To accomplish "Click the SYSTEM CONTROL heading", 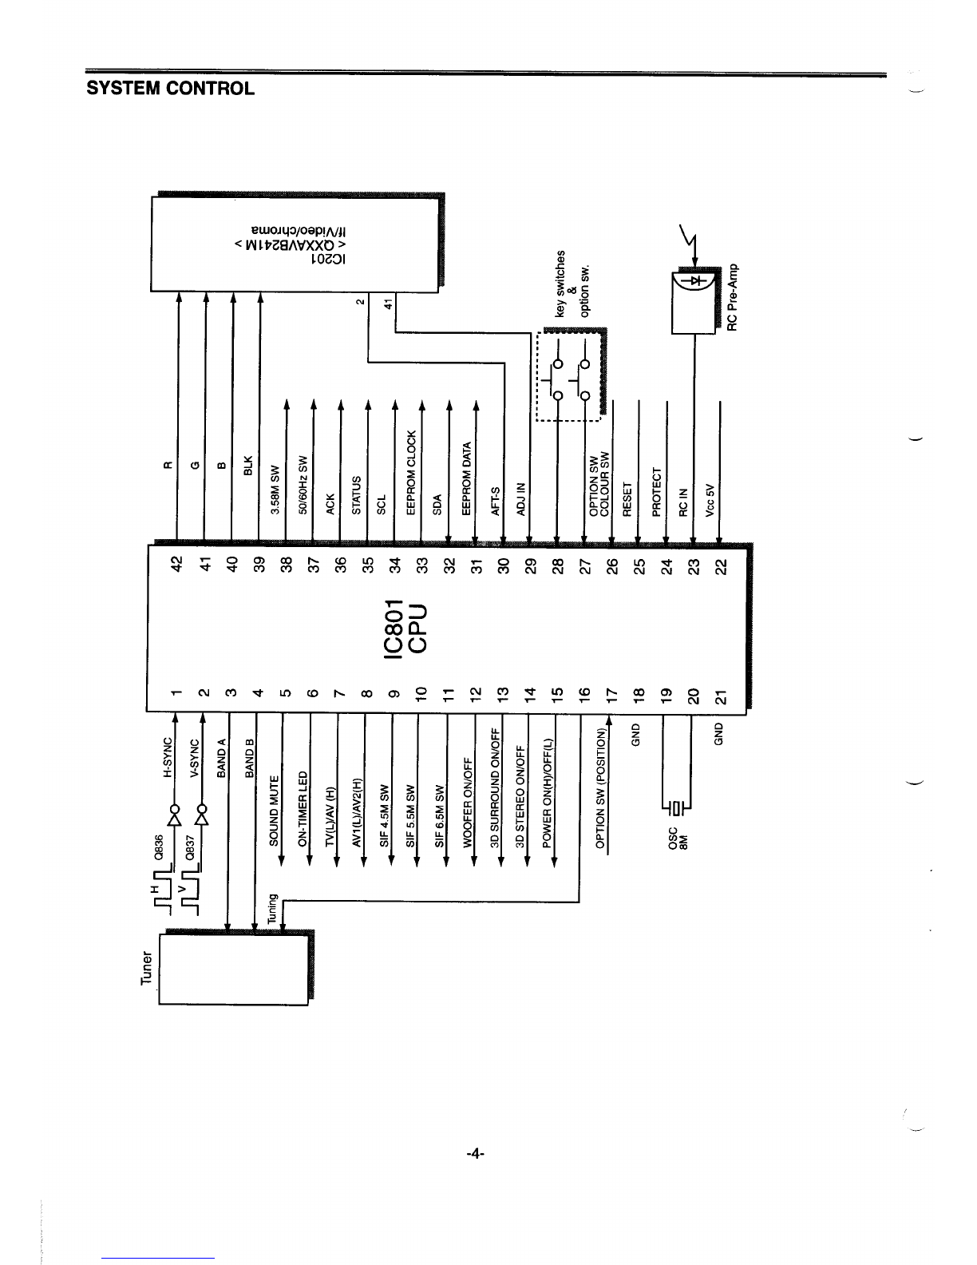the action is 170,88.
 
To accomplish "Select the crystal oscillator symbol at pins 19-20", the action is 677,809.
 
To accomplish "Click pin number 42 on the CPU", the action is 177,563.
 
